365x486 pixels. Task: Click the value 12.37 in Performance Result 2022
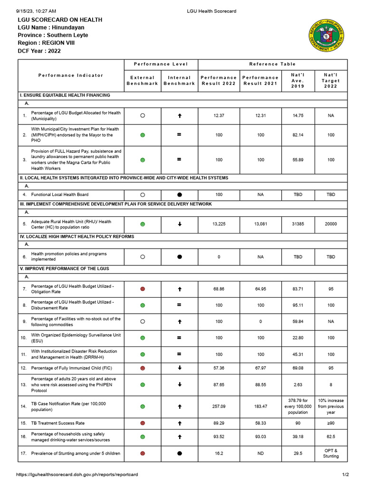tap(219, 116)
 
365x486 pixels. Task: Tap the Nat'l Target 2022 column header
tap(331, 81)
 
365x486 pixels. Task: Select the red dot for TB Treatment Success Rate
tap(143, 423)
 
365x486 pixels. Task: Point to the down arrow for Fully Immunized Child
tap(179, 368)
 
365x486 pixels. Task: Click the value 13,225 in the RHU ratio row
tap(219, 224)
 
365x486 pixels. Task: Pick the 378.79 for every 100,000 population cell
tap(298, 406)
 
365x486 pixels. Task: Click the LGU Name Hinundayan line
tap(51, 28)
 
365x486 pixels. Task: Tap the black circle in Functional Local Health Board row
tap(179, 195)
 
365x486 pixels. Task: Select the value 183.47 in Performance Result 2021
tap(260, 406)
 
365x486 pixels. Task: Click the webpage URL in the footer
tap(77, 475)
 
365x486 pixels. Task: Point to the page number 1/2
tap(345, 475)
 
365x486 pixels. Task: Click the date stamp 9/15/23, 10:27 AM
tap(36, 11)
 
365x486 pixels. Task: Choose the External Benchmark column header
tap(143, 81)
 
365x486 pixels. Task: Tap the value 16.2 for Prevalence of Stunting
tap(219, 453)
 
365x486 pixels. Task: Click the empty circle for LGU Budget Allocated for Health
tap(143, 116)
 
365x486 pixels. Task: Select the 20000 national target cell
tap(331, 224)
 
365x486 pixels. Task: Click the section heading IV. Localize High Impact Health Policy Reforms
tap(77, 236)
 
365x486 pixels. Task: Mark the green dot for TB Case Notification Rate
tap(143, 406)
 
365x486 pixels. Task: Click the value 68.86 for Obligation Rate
tap(219, 289)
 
